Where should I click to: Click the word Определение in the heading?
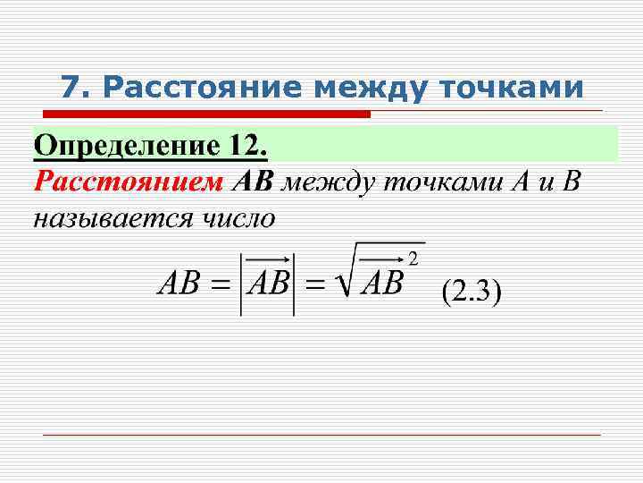pyautogui.click(x=124, y=145)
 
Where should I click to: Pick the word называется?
pyautogui.click(x=107, y=217)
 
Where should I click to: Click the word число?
pyautogui.click(x=238, y=217)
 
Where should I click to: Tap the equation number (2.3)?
pyautogui.click(x=472, y=292)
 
